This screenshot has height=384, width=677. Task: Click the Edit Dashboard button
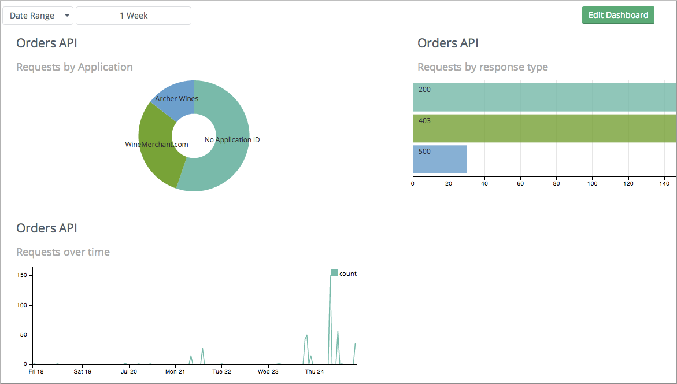[617, 15]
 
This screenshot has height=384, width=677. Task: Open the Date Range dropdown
[38, 16]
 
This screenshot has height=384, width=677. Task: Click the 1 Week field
[134, 16]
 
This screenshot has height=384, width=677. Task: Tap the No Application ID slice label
[232, 140]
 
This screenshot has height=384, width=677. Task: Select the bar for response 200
[543, 97]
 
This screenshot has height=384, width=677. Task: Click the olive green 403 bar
[543, 128]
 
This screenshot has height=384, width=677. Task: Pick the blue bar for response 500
[439, 160]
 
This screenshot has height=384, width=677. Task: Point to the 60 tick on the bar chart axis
[520, 184]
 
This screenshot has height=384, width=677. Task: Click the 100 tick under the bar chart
[592, 184]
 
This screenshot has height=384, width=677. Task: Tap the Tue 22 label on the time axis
[221, 371]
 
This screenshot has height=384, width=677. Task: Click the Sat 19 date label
[83, 371]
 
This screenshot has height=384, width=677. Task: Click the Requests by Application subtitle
[75, 67]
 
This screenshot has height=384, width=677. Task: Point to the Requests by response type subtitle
[482, 67]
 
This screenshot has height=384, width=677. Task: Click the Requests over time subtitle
[63, 252]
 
